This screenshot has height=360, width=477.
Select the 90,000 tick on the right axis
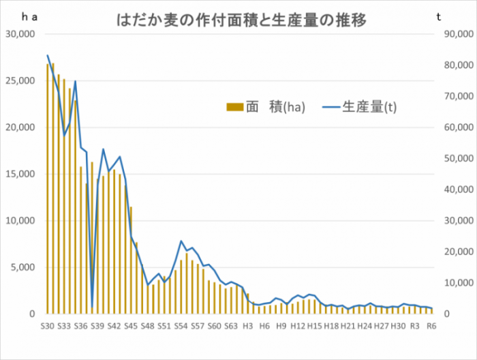[x=454, y=34]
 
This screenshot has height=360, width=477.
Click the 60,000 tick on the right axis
[x=454, y=127]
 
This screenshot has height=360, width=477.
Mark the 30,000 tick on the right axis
[x=454, y=220]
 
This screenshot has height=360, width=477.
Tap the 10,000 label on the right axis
[x=454, y=283]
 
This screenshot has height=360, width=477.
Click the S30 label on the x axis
[x=47, y=326]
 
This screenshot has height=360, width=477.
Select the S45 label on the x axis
[x=131, y=326]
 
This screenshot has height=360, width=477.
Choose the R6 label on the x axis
[x=431, y=326]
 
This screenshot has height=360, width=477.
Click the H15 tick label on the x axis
[x=314, y=326]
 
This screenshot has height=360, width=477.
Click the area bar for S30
[x=47, y=191]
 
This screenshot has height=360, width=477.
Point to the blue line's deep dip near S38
[x=92, y=305]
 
